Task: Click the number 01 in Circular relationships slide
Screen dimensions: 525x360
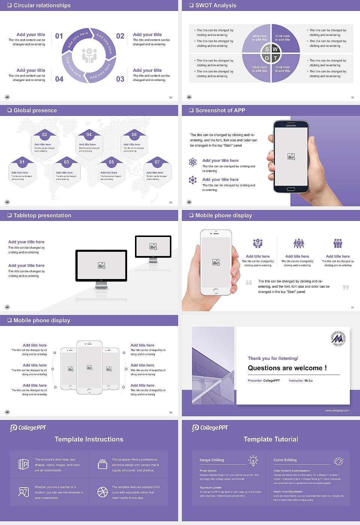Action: pos(59,36)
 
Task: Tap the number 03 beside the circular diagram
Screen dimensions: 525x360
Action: pos(120,79)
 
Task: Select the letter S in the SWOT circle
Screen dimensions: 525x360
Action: pos(267,49)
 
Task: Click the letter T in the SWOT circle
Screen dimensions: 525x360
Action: pos(275,58)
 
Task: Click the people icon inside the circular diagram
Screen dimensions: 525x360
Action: pos(89,55)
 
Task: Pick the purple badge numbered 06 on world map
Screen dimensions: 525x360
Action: pos(134,135)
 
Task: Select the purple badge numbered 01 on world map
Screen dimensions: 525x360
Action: pos(22,162)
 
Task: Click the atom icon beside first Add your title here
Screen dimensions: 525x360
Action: pos(193,162)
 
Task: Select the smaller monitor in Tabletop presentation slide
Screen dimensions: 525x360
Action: pos(153,247)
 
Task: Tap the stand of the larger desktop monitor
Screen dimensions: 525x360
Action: pos(101,285)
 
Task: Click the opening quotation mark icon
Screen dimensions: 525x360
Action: pos(249,282)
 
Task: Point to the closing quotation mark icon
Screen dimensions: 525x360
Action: pos(346,287)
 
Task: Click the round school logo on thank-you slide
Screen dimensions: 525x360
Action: pos(338,338)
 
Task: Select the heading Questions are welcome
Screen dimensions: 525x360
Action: pos(287,368)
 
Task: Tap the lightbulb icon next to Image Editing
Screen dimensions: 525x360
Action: pos(253,460)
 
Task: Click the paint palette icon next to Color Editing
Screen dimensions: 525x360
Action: pos(338,461)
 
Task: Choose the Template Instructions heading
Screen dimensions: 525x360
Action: pos(89,439)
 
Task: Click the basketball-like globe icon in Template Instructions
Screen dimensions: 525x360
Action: pos(102,492)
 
